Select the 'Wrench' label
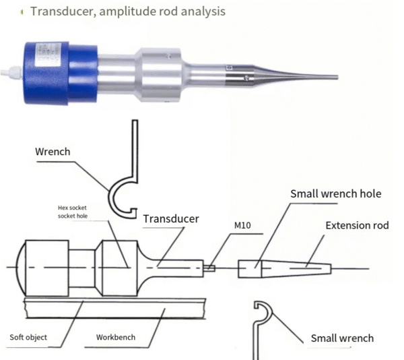point(53,152)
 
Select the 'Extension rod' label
point(357,225)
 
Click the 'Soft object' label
point(28,336)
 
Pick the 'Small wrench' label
point(341,338)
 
